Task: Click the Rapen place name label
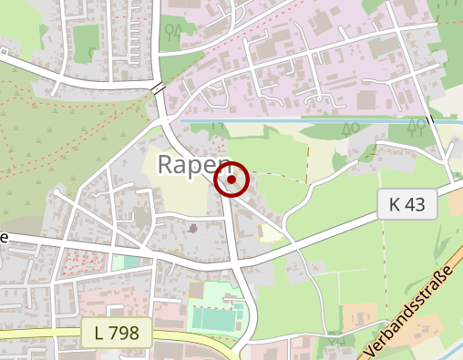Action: (193, 164)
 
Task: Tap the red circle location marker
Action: (231, 180)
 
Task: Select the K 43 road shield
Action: (407, 205)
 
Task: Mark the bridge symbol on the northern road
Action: (159, 88)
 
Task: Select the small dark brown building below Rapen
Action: (191, 227)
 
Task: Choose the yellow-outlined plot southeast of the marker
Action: (270, 233)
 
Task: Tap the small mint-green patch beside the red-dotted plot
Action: (124, 262)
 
